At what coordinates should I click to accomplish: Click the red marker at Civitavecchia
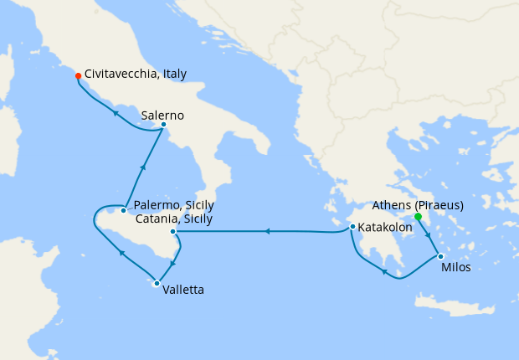click(78, 75)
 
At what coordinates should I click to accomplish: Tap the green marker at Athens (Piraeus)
click(418, 217)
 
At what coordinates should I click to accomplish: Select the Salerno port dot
click(163, 126)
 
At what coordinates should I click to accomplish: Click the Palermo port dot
click(124, 210)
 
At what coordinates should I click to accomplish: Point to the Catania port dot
click(172, 232)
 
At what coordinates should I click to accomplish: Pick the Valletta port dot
click(156, 283)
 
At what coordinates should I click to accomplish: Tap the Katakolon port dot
click(352, 227)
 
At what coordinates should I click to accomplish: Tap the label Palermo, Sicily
click(174, 206)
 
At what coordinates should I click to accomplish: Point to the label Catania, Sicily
click(174, 219)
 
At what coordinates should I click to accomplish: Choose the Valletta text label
click(183, 290)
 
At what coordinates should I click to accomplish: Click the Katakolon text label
click(388, 226)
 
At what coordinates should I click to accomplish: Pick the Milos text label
click(455, 268)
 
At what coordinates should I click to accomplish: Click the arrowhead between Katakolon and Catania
click(265, 231)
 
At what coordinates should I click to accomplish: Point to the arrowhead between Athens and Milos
click(429, 236)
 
